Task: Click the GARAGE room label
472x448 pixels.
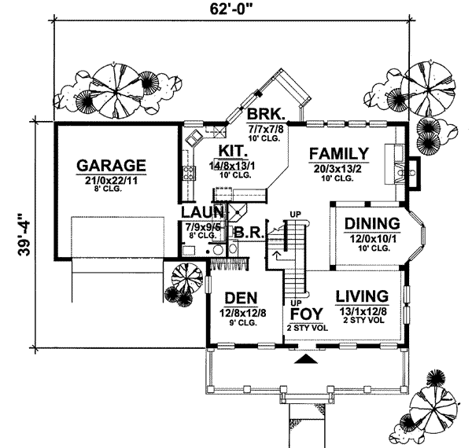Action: [x=111, y=166]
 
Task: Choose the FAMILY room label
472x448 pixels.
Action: [x=338, y=153]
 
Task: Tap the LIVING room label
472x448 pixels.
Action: [x=362, y=296]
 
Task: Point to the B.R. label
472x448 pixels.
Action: [x=249, y=233]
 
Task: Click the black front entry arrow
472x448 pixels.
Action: [x=308, y=358]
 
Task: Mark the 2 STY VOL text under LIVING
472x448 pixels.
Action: [x=363, y=321]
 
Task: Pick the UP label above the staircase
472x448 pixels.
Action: [x=296, y=214]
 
